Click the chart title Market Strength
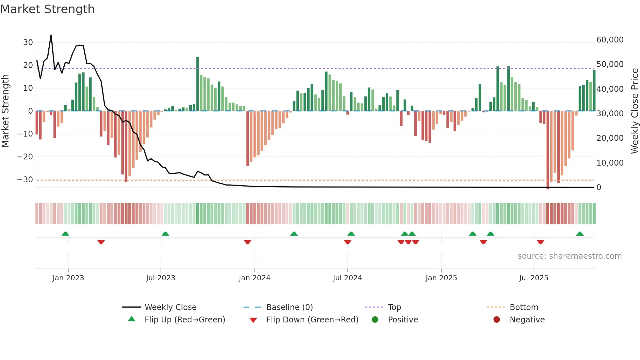[x=47, y=9]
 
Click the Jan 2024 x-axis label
[x=254, y=278]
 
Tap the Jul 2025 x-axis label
[x=534, y=278]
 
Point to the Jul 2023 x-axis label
[x=160, y=278]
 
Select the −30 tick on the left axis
[x=25, y=180]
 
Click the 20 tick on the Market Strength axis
[x=28, y=65]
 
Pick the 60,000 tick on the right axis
[x=610, y=40]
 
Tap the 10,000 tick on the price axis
[x=610, y=163]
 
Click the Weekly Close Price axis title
[x=634, y=111]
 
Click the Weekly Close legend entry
[x=170, y=307]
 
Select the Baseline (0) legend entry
[x=289, y=307]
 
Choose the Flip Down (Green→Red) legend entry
[x=312, y=320]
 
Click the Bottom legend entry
[x=524, y=307]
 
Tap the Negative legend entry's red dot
[x=497, y=320]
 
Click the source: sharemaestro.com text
[x=569, y=256]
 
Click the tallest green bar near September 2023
[x=198, y=84]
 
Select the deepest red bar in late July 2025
[x=548, y=150]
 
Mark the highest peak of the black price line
[x=51, y=35]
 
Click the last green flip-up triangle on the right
[x=580, y=234]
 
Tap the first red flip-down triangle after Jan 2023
[x=101, y=242]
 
